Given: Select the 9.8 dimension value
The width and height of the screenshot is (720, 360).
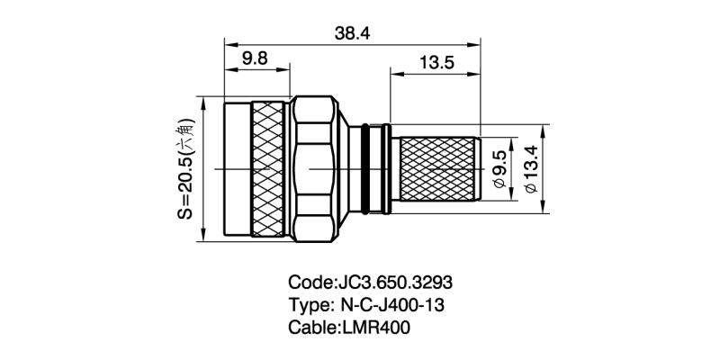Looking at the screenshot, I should coord(255,58).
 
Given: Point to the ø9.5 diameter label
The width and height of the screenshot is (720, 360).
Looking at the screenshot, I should coord(501,168).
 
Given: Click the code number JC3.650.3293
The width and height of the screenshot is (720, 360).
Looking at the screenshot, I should coord(399,281).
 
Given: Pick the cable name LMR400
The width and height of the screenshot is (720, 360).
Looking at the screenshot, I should coord(376,328).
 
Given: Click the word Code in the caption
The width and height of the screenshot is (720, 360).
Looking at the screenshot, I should coord(309,281).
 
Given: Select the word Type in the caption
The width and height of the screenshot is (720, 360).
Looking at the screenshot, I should coord(308,304).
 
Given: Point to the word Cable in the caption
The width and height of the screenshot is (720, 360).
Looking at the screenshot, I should coord(310,328).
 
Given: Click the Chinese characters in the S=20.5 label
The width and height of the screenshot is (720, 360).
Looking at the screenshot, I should coord(185,132).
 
